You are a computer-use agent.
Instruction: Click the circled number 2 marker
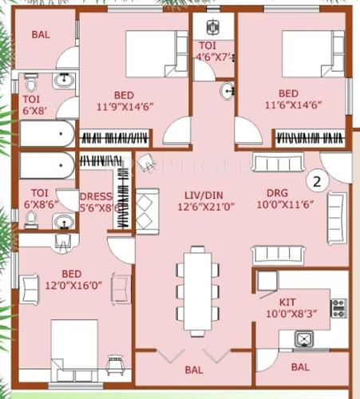tap(317, 181)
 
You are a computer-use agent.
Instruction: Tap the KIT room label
tap(288, 303)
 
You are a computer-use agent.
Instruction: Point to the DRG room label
tap(287, 193)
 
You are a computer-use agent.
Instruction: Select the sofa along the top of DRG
tap(281, 163)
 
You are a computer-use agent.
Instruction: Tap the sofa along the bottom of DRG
tap(280, 255)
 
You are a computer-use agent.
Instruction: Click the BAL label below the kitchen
tap(300, 367)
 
